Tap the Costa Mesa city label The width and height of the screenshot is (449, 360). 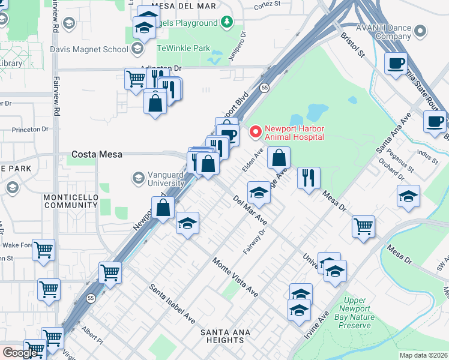click(x=97, y=154)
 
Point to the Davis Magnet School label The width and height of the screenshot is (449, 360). click(x=89, y=49)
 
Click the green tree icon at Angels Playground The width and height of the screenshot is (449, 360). click(x=226, y=23)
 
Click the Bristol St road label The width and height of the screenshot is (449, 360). click(x=352, y=45)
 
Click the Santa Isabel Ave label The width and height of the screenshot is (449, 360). click(x=172, y=303)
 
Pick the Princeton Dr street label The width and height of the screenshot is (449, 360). click(x=30, y=129)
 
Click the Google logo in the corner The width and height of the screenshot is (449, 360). click(x=20, y=352)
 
